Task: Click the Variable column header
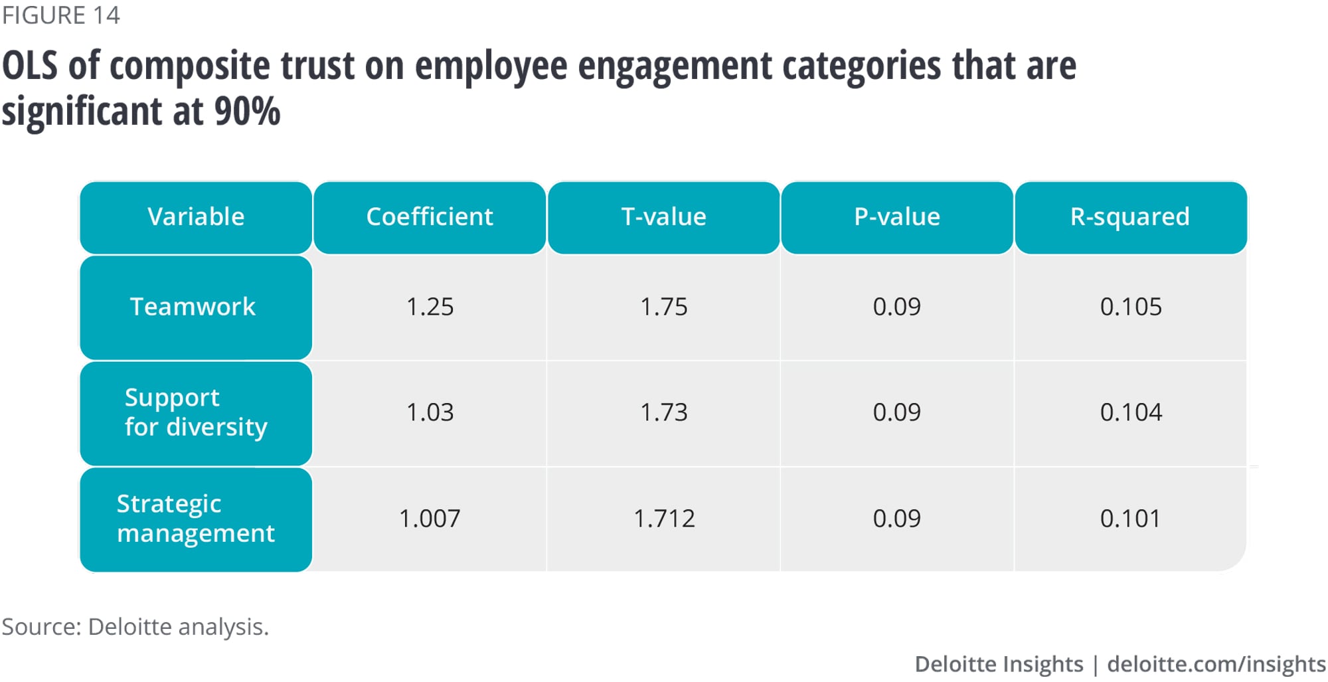[196, 217]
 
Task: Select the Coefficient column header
[430, 217]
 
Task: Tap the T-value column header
[663, 217]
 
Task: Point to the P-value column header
[897, 217]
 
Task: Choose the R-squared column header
[1130, 217]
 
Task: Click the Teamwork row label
[193, 307]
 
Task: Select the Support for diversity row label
[196, 412]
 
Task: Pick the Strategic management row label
[196, 519]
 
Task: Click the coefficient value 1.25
[430, 307]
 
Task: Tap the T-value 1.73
[663, 412]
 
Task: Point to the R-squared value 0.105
[1131, 307]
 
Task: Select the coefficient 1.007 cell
[430, 519]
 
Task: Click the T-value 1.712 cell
[664, 519]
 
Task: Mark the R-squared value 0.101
[1130, 519]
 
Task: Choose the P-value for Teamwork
[897, 307]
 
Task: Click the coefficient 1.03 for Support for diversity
[430, 412]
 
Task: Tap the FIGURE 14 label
[60, 15]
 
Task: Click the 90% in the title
[247, 111]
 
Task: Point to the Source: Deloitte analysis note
[135, 627]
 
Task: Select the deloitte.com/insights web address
[1216, 664]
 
